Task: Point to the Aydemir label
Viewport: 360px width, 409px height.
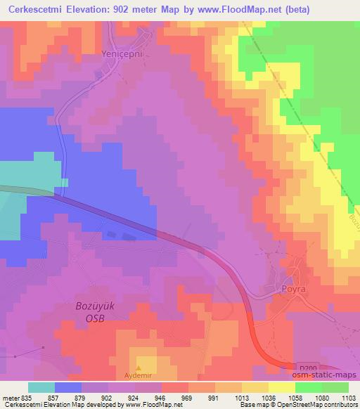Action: pos(138,376)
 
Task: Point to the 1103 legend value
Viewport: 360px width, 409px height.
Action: pos(347,397)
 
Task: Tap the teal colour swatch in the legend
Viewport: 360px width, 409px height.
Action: pos(41,387)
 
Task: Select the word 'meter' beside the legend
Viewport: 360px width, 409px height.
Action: pos(10,397)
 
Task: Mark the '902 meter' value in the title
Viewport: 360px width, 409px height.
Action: pos(142,10)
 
